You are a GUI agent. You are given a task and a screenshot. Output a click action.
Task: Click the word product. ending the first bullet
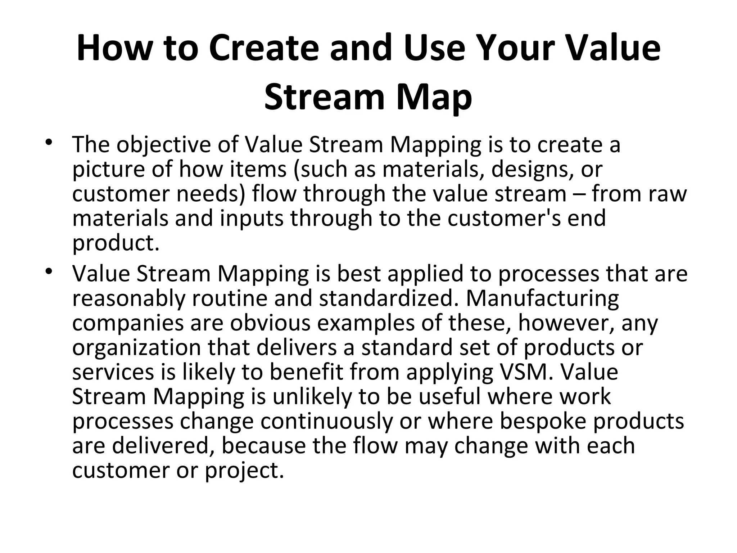[x=116, y=243]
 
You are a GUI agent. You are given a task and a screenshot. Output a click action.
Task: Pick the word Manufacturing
[x=542, y=298]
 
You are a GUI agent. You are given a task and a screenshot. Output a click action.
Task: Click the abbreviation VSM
[x=526, y=372]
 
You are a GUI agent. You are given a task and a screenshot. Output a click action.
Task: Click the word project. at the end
[x=245, y=470]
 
